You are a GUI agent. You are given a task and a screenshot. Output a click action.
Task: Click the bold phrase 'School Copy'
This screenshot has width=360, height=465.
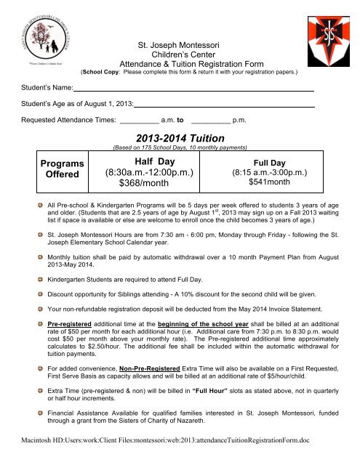pyautogui.click(x=103, y=73)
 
